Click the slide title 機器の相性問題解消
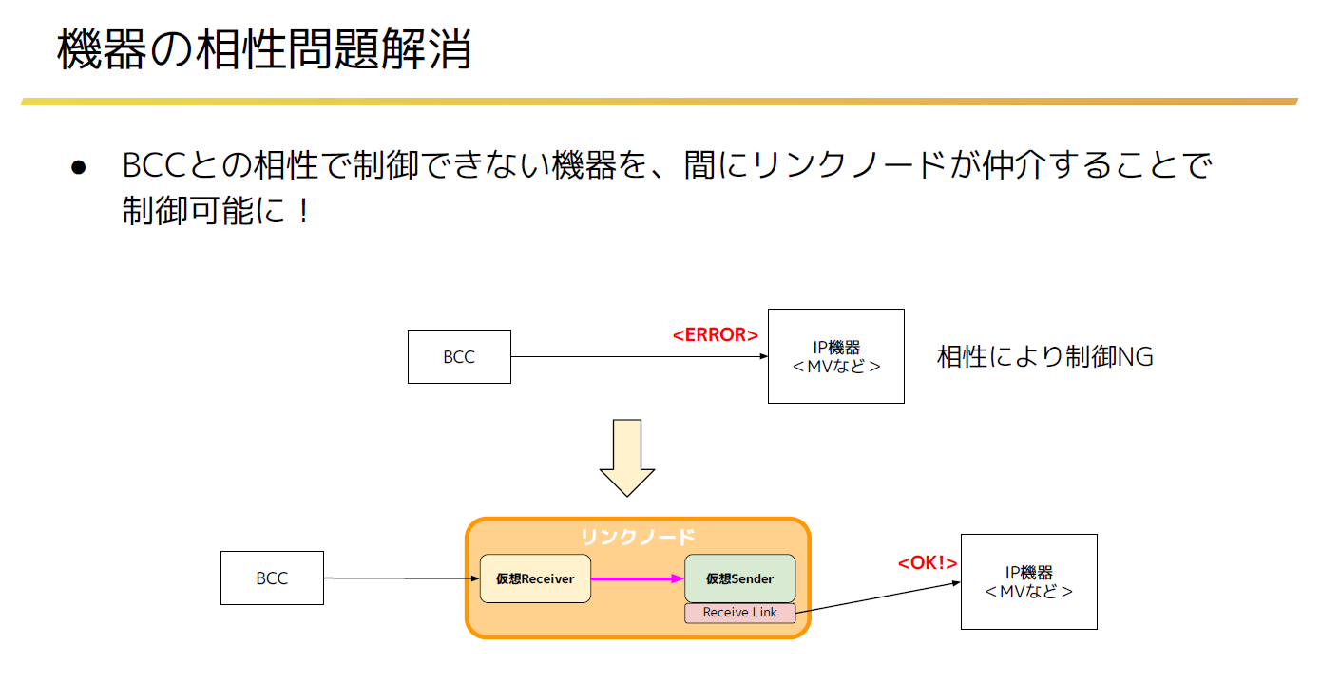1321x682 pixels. point(264,49)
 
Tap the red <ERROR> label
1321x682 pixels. point(715,334)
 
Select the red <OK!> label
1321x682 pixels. point(927,563)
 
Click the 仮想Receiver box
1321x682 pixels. point(535,578)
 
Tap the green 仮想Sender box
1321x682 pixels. point(739,578)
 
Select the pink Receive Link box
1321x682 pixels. point(739,613)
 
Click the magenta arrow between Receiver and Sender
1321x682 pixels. point(638,578)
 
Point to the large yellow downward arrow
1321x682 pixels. point(627,458)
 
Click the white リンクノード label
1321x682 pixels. point(638,537)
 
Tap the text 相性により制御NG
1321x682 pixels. point(1044,356)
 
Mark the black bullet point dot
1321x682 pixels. point(79,167)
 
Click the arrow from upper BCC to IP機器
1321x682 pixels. point(640,356)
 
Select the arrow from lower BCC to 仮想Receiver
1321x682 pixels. point(402,578)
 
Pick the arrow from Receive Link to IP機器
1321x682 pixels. point(878,597)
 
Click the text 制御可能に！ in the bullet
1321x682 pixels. point(216,211)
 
